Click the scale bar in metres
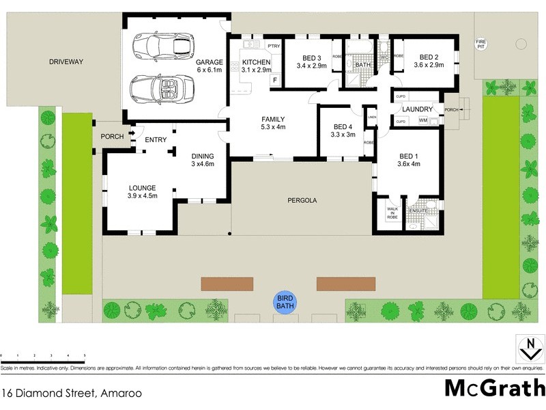42,356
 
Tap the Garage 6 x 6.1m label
209,66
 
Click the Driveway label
66,61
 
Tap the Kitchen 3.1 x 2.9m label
257,67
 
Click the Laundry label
417,109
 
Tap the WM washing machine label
423,122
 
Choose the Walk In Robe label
392,213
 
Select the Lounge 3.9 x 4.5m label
143,192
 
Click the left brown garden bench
227,283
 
